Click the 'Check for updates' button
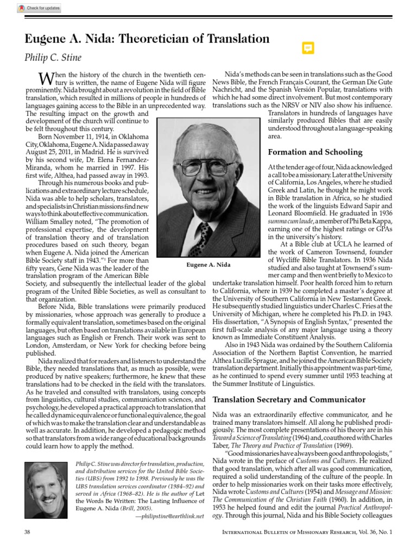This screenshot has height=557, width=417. [39, 8]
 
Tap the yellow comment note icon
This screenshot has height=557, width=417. [307, 48]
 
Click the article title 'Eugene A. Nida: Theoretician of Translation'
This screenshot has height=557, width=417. [147, 39]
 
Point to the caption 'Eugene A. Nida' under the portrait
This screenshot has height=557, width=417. [208, 264]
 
